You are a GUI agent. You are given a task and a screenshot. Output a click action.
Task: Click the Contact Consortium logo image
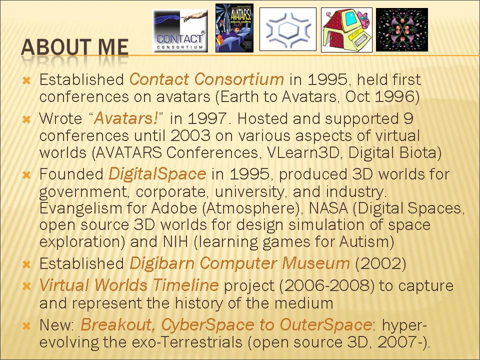click(x=180, y=30)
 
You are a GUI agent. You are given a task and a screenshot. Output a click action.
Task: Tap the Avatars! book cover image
click(x=234, y=28)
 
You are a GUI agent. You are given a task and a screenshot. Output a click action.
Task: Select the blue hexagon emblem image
click(x=288, y=29)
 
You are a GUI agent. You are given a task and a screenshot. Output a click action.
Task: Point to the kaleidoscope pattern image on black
click(x=402, y=29)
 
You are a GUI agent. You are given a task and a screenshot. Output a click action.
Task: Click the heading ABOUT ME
click(x=74, y=47)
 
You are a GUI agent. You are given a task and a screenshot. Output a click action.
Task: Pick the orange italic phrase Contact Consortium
click(x=206, y=79)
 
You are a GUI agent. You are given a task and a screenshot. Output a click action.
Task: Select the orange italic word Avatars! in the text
click(x=126, y=118)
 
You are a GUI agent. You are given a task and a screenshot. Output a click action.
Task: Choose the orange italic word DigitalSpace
click(x=157, y=174)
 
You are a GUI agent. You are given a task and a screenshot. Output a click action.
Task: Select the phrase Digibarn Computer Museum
click(x=239, y=263)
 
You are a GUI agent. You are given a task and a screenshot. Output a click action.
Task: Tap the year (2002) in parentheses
click(x=380, y=263)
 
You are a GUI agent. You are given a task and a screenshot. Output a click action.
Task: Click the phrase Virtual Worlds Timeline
click(x=129, y=285)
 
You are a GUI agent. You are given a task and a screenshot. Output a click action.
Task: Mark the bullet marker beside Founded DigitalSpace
click(x=27, y=175)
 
